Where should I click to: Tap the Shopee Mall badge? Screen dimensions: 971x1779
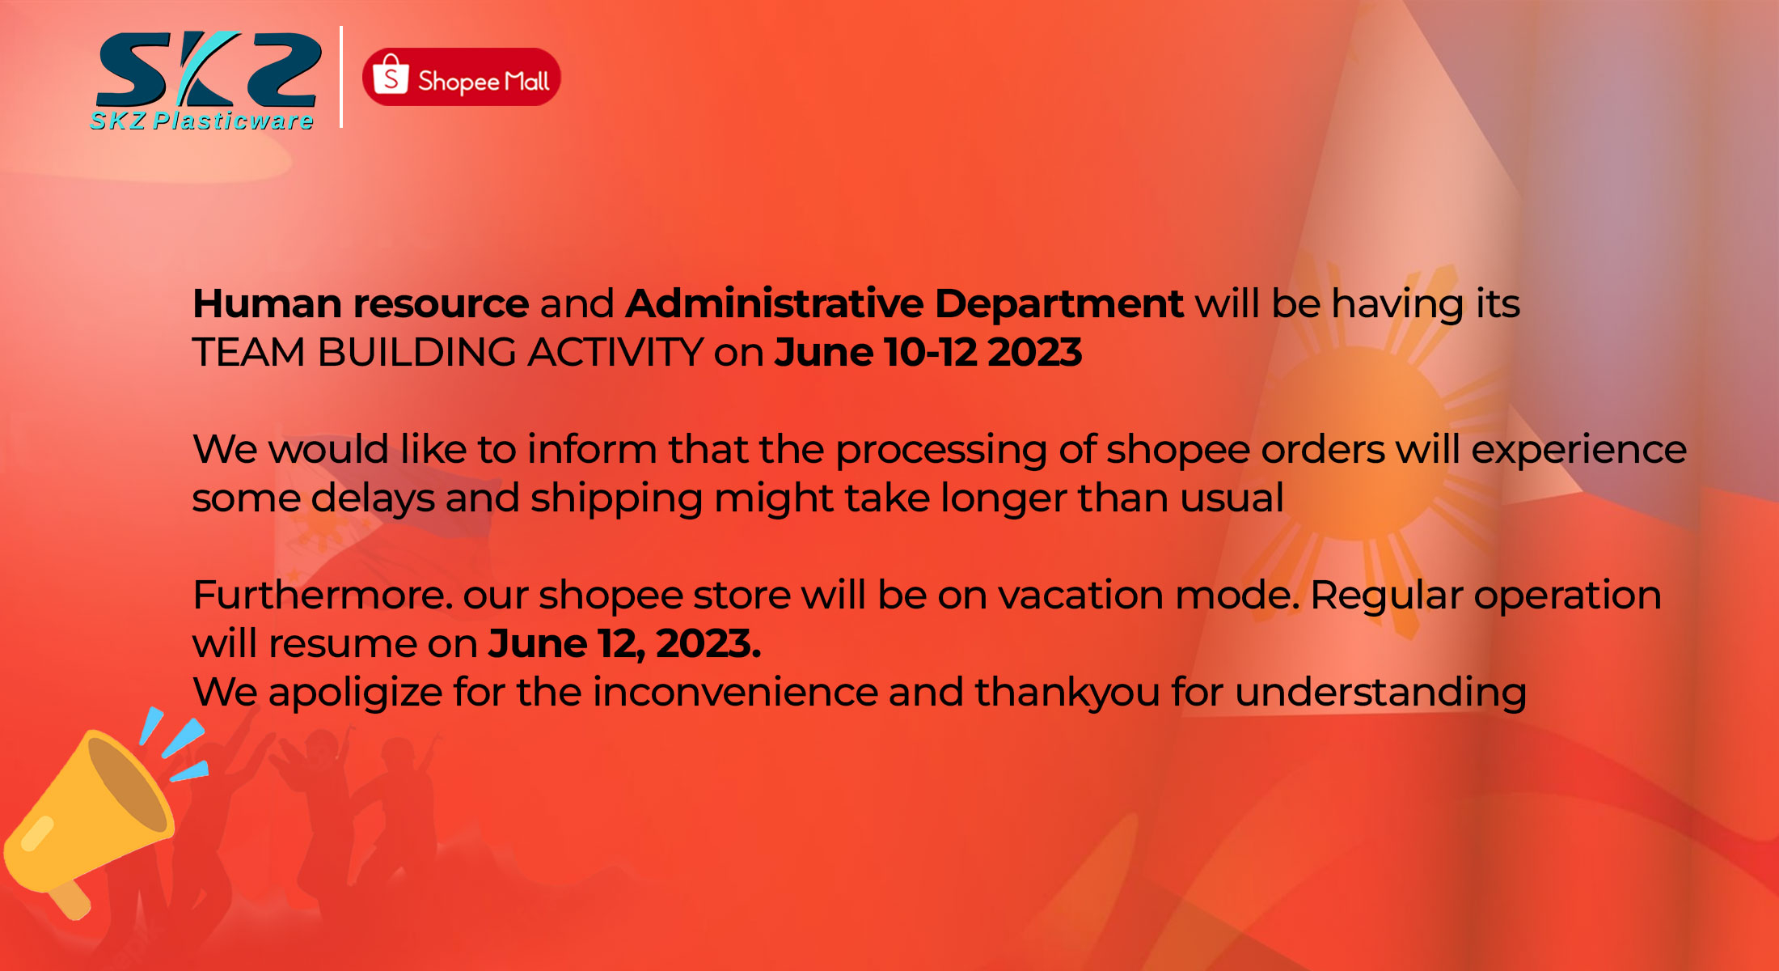pos(462,78)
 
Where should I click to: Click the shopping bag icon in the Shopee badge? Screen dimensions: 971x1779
pos(391,75)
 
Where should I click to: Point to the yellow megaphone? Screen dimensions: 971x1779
pos(89,817)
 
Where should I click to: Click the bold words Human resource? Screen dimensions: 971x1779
pos(361,304)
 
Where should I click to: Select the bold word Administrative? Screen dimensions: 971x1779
pos(774,304)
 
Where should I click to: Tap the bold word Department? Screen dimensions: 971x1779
pos(1059,304)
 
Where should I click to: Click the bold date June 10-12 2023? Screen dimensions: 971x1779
pos(928,353)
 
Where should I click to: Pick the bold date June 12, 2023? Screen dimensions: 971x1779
pos(624,644)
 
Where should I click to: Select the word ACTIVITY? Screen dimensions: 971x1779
pos(615,353)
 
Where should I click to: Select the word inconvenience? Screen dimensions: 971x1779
pos(735,693)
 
